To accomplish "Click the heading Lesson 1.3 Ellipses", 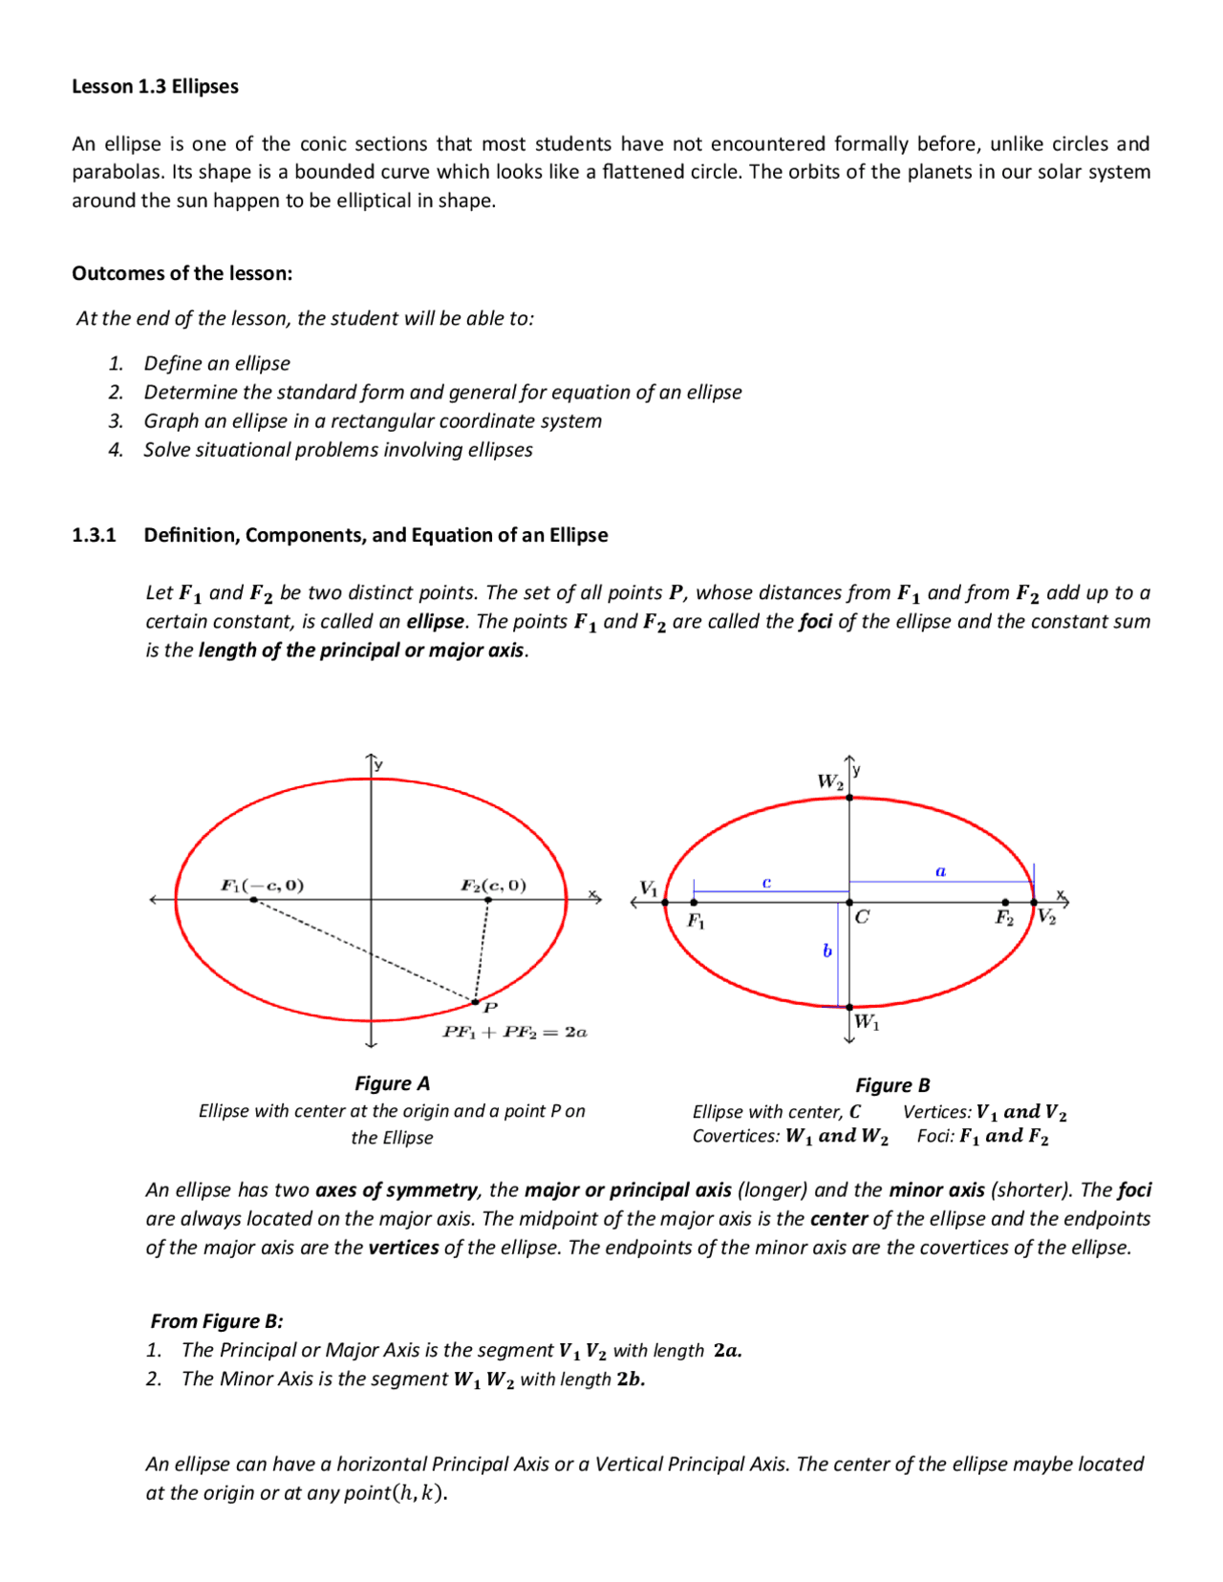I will point(155,86).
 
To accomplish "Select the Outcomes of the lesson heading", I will point(182,273).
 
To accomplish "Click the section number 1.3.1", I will point(94,535).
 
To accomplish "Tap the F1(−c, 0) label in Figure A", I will point(263,885).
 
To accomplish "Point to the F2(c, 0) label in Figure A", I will point(493,885).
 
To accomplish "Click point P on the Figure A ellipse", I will point(476,1001).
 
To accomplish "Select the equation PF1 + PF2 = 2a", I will point(515,1032).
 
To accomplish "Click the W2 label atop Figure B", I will point(830,781).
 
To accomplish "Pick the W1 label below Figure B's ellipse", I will point(867,1021).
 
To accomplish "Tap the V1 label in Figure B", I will point(649,888).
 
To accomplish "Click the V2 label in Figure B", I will point(1047,917).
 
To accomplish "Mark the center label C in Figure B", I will point(862,917).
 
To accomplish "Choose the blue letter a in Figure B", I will point(940,870).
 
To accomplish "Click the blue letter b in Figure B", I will point(827,951).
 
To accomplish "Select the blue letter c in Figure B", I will point(766,883).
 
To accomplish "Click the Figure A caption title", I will point(392,1083).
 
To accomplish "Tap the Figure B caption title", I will point(892,1085).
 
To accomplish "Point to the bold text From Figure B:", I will point(217,1321).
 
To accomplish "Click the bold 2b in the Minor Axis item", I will point(631,1379).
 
